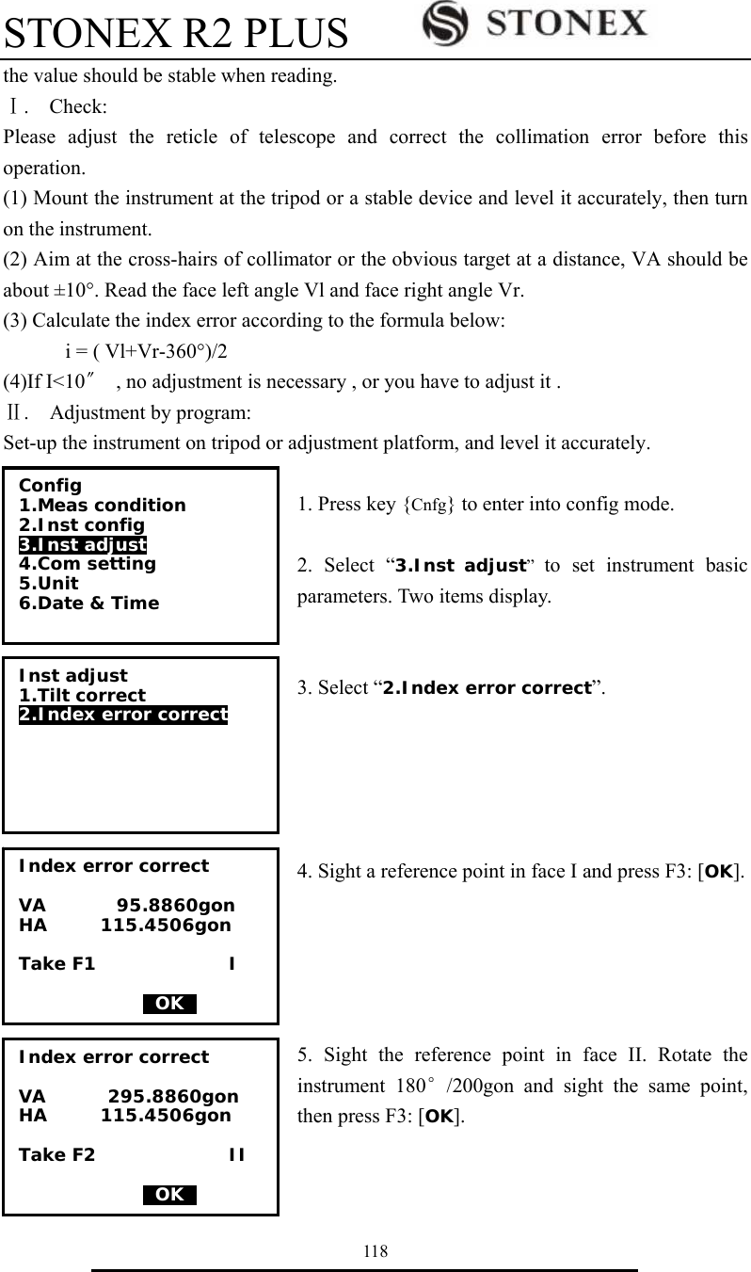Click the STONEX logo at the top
pyautogui.click(x=535, y=22)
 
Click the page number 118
pyautogui.click(x=375, y=1250)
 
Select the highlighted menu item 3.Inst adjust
pyautogui.click(x=83, y=544)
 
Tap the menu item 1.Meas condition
pyautogui.click(x=103, y=506)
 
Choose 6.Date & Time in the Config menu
pyautogui.click(x=89, y=604)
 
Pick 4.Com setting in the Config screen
pyautogui.click(x=88, y=564)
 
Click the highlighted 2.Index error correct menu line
pyautogui.click(x=123, y=715)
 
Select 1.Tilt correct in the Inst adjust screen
pyautogui.click(x=83, y=696)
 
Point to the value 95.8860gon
pyautogui.click(x=176, y=907)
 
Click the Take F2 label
pyautogui.click(x=57, y=1155)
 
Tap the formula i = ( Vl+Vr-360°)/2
pyautogui.click(x=145, y=352)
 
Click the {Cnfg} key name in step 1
pyautogui.click(x=430, y=504)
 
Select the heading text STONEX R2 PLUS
pyautogui.click(x=176, y=34)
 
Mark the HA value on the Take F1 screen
pyautogui.click(x=166, y=926)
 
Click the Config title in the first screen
pyautogui.click(x=50, y=486)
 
